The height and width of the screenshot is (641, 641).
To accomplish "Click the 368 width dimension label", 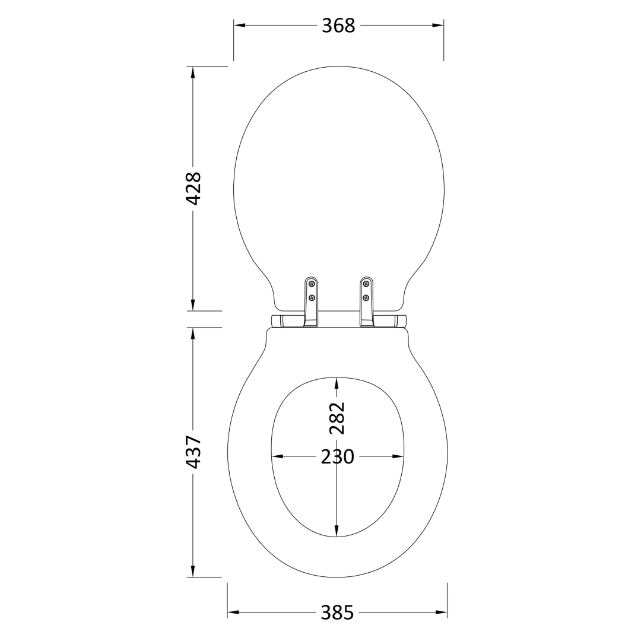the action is [338, 26].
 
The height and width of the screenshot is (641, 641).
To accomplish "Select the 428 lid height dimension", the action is [193, 189].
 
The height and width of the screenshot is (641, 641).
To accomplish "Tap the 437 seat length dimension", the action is [193, 452].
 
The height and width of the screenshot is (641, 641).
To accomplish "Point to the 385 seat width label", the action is [337, 613].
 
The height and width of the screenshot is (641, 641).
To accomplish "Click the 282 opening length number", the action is [337, 418].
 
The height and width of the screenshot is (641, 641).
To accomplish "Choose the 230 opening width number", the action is [337, 456].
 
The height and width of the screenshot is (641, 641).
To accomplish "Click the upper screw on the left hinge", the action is [312, 283].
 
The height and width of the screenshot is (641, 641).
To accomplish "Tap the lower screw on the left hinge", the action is [312, 297].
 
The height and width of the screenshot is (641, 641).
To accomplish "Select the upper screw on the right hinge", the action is [366, 283].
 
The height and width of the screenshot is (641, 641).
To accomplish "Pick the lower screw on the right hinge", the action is [366, 297].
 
